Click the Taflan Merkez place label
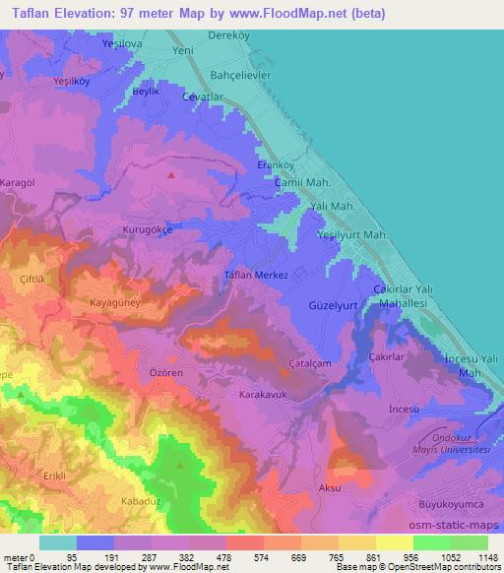pyautogui.click(x=256, y=276)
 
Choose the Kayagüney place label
pyautogui.click(x=115, y=303)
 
